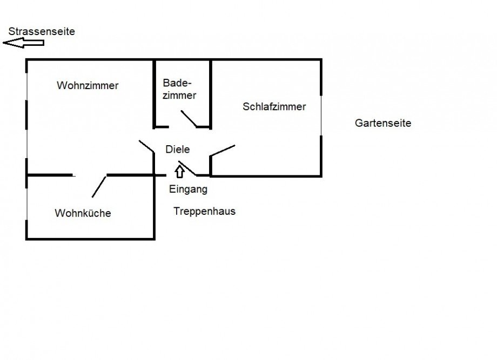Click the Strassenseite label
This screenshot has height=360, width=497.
tap(42, 31)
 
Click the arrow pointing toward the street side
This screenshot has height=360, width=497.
tap(23, 43)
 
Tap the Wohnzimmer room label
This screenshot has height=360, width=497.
tap(88, 85)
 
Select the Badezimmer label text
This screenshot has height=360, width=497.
tap(179, 89)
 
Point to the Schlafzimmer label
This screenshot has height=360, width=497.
tap(274, 107)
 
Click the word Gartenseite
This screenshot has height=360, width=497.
tap(383, 123)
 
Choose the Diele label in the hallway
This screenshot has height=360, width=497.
tap(178, 149)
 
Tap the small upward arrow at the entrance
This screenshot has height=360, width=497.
tap(180, 172)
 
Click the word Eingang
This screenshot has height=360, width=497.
tap(188, 189)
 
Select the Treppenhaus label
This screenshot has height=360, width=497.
tap(204, 211)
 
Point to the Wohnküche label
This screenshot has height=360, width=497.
tap(83, 213)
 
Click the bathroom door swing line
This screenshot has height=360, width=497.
tap(189, 119)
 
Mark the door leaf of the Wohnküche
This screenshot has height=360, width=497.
tap(99, 187)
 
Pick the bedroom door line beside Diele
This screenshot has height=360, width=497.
tap(223, 151)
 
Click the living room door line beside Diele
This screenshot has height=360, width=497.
tap(146, 146)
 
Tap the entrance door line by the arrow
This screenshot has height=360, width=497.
tap(187, 168)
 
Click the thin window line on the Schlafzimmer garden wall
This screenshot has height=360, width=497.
tap(321, 116)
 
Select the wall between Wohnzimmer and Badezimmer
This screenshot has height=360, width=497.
tap(155, 94)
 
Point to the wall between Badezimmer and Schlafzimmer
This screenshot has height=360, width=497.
tap(211, 94)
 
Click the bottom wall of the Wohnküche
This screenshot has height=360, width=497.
tap(90, 239)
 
